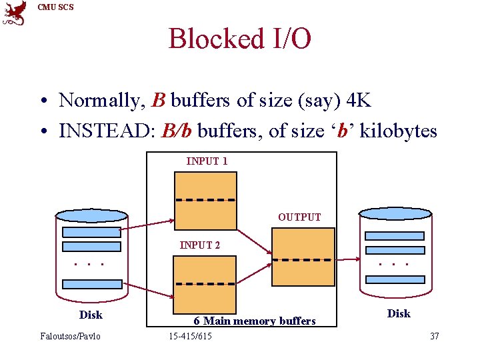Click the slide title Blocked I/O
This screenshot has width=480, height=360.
pos(239,39)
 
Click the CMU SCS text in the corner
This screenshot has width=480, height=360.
pos(56,7)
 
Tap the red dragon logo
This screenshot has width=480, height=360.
pos(15,13)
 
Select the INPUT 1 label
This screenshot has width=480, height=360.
pos(207,161)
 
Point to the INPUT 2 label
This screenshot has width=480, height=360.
pos(200,245)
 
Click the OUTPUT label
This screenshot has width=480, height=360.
pos(299,217)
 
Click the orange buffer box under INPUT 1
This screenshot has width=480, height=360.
pos(205,201)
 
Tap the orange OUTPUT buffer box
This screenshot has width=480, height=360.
pos(303,257)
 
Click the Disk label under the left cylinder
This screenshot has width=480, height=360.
pos(91,314)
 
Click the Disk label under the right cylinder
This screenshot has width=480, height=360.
pos(399,313)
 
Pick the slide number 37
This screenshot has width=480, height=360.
pos(434,336)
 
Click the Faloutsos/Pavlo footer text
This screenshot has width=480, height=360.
pos(71,336)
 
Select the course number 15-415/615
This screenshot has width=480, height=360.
pos(191,336)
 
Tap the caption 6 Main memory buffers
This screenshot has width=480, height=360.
pos(255,321)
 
